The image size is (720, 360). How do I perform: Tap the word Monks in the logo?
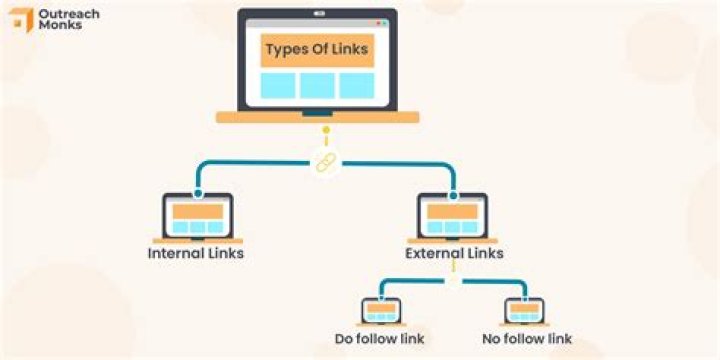tap(57, 26)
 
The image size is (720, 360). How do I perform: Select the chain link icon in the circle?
tap(325, 163)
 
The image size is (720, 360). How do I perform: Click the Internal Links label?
tap(196, 254)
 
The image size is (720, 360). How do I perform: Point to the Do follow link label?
tap(381, 339)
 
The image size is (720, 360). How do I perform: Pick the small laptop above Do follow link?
tap(381, 311)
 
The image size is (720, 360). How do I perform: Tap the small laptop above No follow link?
tap(524, 311)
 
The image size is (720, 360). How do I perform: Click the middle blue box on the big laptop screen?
tap(317, 85)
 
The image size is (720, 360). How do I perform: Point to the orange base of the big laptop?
tap(317, 117)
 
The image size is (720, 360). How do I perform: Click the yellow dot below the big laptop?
tap(325, 130)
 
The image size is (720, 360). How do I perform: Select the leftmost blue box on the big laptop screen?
tap(278, 85)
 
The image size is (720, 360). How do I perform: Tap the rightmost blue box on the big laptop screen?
tap(356, 85)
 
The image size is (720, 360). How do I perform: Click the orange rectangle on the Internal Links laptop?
tap(197, 211)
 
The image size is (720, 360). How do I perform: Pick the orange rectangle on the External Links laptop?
tap(452, 211)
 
